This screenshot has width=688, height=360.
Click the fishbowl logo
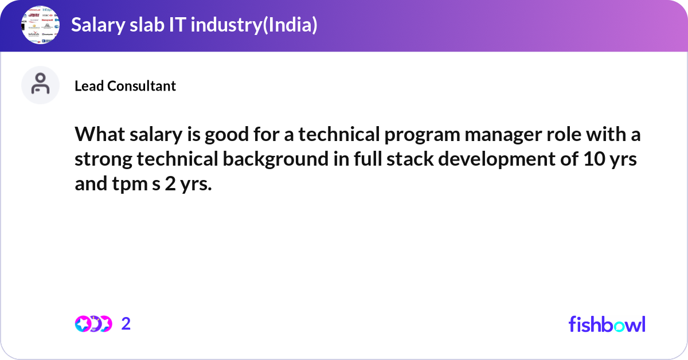[x=607, y=324]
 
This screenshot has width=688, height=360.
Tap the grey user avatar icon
[x=40, y=85]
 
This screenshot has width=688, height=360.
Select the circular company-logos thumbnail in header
[x=41, y=25]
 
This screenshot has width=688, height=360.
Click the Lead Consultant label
[x=125, y=86]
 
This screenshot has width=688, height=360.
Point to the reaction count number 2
[x=126, y=324]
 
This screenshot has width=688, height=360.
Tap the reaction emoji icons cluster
[x=93, y=324]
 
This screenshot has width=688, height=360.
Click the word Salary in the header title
[x=95, y=25]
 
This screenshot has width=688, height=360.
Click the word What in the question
[x=97, y=135]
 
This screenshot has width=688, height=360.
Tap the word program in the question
[x=403, y=135]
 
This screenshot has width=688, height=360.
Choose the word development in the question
[x=498, y=159]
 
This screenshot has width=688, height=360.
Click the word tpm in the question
[x=129, y=184]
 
